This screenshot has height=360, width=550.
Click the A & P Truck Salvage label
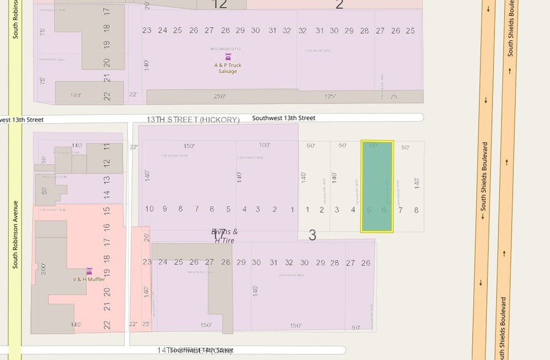click(228, 68)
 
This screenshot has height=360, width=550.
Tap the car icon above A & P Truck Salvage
click(228, 57)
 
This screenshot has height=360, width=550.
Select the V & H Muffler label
click(89, 279)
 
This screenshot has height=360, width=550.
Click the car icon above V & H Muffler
click(89, 271)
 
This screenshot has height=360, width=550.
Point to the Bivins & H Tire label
click(225, 236)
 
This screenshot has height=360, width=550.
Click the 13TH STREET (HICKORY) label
click(193, 119)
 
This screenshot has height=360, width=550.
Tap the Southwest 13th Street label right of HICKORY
click(284, 118)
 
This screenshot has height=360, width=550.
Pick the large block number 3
click(312, 235)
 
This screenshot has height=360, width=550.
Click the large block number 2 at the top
click(340, 5)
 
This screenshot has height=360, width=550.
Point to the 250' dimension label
click(220, 96)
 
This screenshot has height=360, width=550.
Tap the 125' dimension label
click(330, 96)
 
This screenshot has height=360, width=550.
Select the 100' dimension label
click(264, 145)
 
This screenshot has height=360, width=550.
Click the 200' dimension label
click(43, 269)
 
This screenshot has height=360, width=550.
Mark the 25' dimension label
click(146, 324)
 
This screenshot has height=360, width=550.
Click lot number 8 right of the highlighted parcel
click(417, 210)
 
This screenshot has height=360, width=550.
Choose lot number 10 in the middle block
click(149, 209)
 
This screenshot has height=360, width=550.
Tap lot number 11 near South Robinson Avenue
click(106, 148)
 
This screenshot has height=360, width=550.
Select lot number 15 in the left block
click(106, 210)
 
